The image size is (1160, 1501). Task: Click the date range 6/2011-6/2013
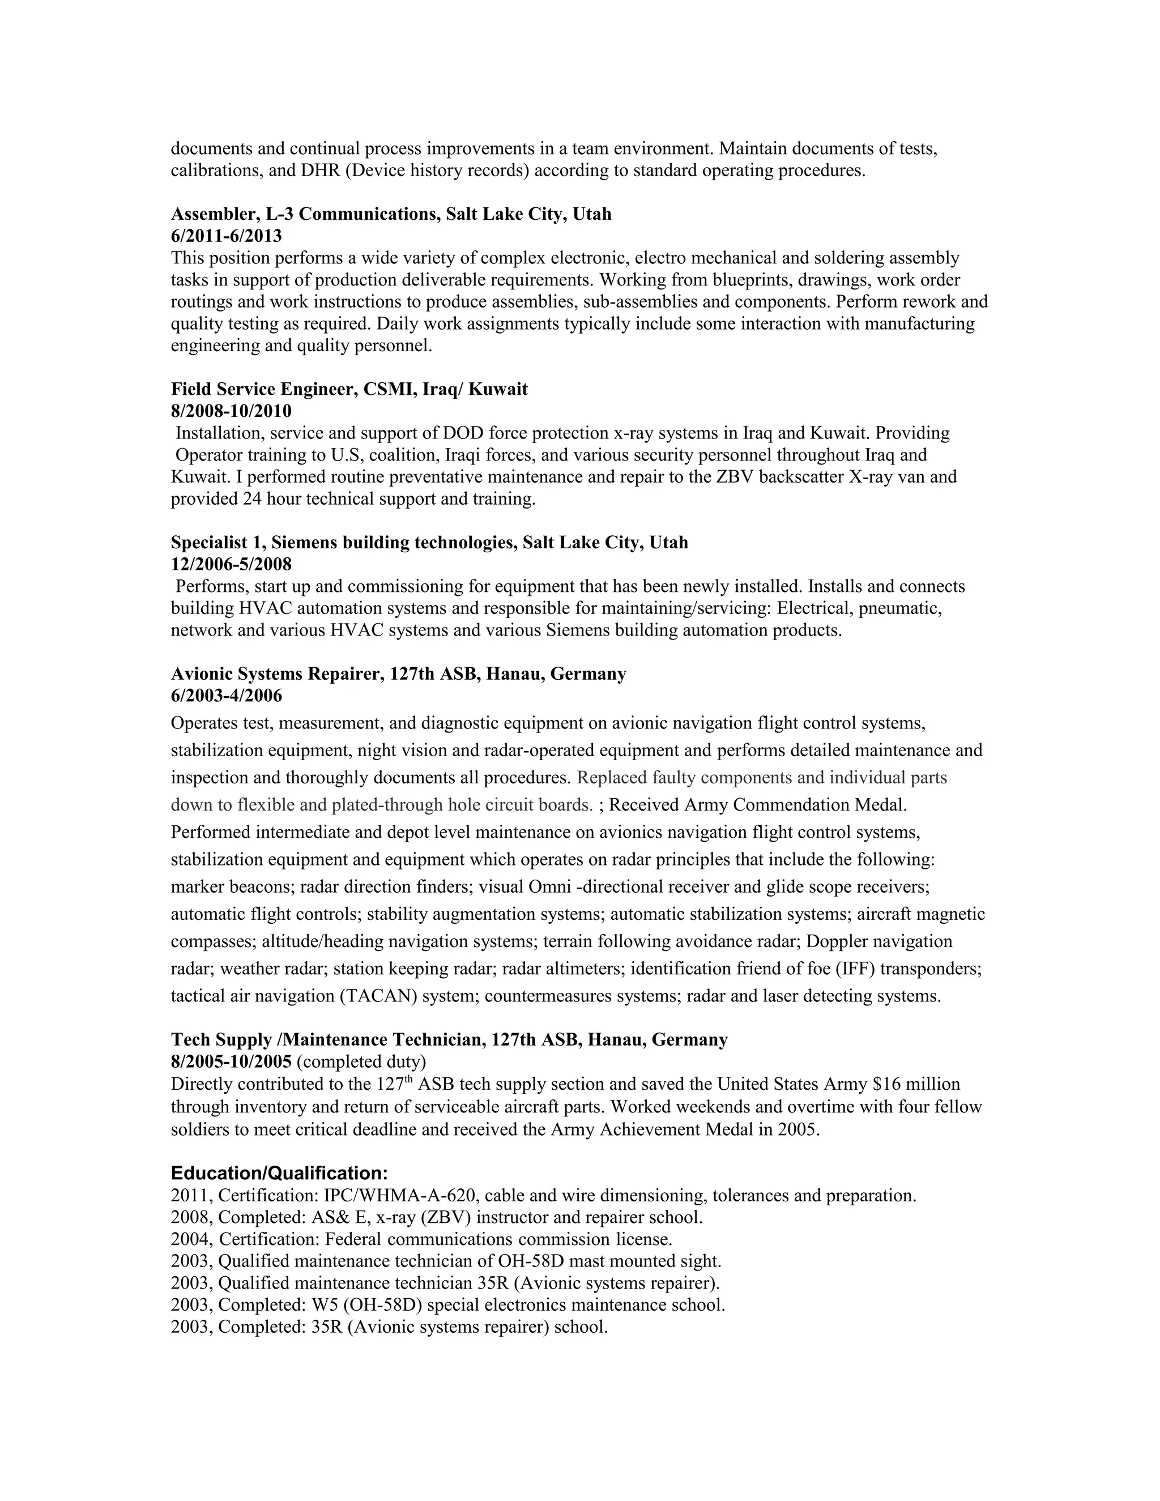pos(226,236)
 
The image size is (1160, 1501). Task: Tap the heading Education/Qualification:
pos(279,1172)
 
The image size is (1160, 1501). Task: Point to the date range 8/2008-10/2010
pos(231,411)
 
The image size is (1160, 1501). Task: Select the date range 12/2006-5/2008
pos(231,564)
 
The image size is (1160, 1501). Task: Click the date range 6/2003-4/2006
pos(226,696)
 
